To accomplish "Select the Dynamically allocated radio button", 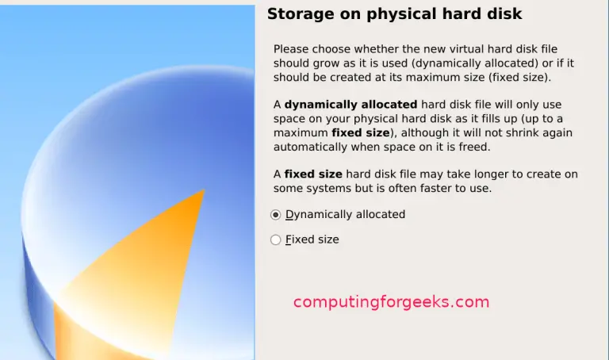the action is point(275,215).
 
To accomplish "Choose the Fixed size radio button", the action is point(275,239).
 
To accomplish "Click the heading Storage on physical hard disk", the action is point(394,14).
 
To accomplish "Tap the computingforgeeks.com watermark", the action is point(391,302).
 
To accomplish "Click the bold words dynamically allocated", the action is point(350,105).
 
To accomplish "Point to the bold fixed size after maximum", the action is point(361,132).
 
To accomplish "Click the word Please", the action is point(291,49).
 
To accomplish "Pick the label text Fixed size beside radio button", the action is point(312,239).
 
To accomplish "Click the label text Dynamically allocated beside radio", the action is point(345,214).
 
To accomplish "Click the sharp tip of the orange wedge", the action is point(204,190).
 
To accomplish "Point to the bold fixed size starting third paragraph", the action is point(313,174).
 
